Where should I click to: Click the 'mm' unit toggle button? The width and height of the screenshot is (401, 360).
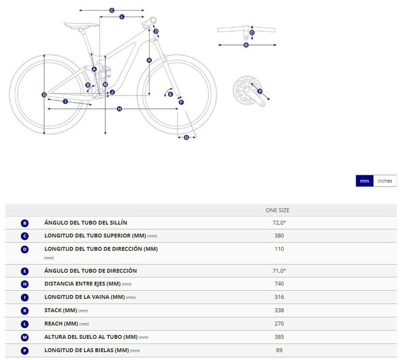coord(365,181)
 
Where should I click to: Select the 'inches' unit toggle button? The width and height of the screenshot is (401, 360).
coord(385,181)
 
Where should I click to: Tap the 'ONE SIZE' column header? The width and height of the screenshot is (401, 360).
coord(277,210)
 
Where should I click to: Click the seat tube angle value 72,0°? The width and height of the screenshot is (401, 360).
coord(279,223)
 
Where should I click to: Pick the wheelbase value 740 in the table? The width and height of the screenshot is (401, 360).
coord(279,284)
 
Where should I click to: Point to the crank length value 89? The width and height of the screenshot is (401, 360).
coord(279,350)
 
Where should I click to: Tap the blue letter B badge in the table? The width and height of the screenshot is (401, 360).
coord(24,223)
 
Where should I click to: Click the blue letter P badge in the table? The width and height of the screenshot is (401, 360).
coord(24,351)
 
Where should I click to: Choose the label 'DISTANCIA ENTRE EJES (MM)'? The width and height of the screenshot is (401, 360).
coord(82,284)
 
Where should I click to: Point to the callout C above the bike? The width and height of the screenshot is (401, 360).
coord(112,10)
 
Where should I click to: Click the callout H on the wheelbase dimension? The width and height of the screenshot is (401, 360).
coord(119,109)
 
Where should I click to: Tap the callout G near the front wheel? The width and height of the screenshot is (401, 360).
coord(186,137)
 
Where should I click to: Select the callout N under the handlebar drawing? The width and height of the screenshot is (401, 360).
coord(246,45)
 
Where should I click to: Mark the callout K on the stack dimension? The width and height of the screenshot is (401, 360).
coord(149,60)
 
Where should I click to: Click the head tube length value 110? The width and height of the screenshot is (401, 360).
coord(279,249)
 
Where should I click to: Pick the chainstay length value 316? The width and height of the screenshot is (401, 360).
coord(279,297)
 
